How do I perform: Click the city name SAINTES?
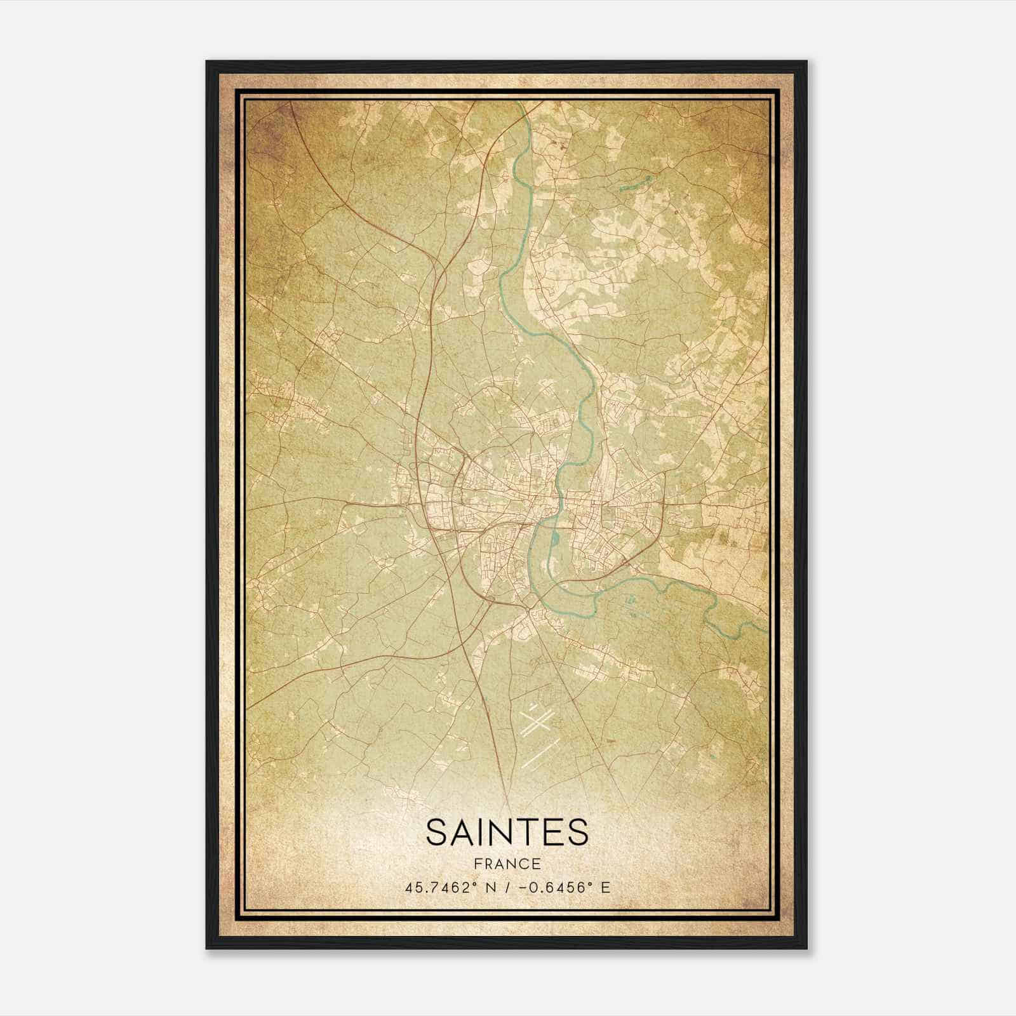pyautogui.click(x=507, y=832)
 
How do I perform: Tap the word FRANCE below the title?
pyautogui.click(x=507, y=864)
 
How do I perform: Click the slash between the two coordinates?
pyautogui.click(x=504, y=888)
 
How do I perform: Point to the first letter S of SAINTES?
pyautogui.click(x=436, y=832)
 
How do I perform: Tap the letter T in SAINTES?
pyautogui.click(x=534, y=832)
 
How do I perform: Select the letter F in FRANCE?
pyautogui.click(x=477, y=864)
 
